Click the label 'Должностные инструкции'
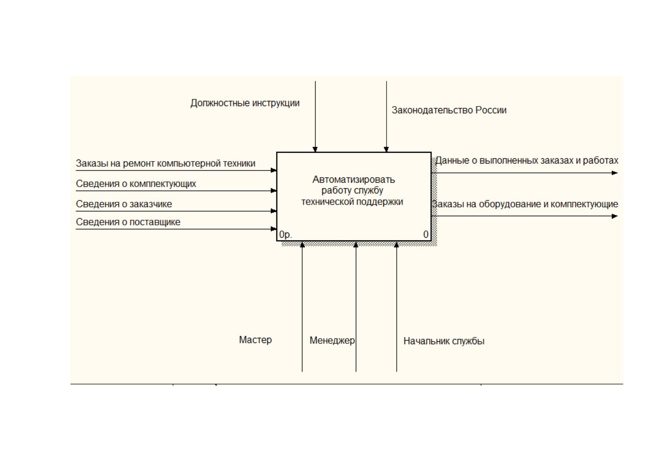click(245, 103)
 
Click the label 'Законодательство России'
click(449, 110)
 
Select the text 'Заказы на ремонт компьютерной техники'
click(166, 164)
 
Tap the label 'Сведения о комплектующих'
click(136, 183)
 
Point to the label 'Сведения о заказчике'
click(124, 204)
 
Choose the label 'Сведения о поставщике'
click(128, 222)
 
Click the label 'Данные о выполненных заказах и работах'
click(527, 160)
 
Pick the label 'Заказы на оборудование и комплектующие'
click(525, 204)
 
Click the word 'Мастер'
click(255, 340)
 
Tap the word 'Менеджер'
click(332, 340)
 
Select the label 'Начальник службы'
click(444, 341)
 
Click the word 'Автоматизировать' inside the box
click(354, 179)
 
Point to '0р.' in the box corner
click(285, 234)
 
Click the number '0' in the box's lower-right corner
click(426, 234)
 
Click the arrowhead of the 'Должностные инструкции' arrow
click(315, 150)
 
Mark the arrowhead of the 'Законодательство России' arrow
click(387, 150)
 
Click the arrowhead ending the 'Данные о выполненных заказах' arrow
click(615, 173)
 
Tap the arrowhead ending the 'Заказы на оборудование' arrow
click(615, 216)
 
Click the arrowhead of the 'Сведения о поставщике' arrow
click(274, 229)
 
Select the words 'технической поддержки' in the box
click(352, 202)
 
